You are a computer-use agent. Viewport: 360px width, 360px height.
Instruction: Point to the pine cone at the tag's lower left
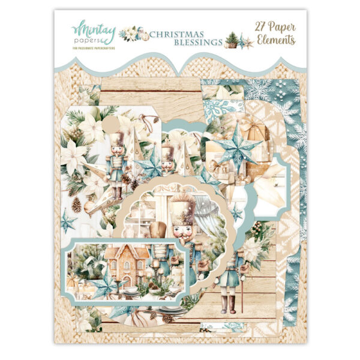point(76,205)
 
